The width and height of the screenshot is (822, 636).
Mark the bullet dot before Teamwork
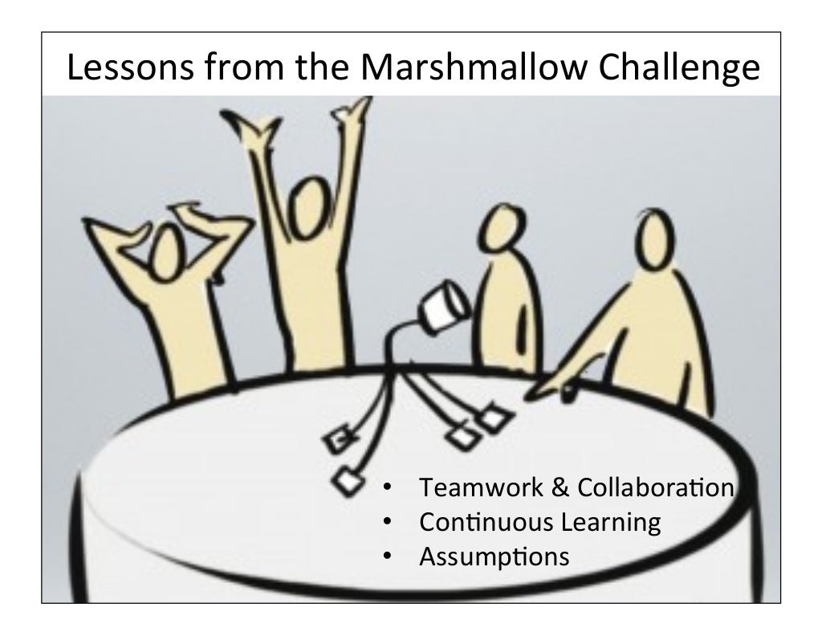(387, 487)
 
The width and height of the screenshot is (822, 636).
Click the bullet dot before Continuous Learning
(387, 522)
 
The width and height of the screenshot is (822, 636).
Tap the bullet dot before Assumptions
(387, 556)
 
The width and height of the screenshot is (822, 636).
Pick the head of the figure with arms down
(499, 230)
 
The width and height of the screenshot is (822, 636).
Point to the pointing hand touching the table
(547, 392)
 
